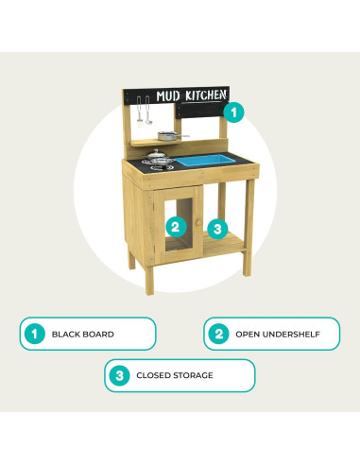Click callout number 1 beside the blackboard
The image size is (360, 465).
point(234,111)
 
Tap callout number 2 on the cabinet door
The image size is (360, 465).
point(174,226)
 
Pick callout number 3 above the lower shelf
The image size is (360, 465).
point(218,228)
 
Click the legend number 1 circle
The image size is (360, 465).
point(34,334)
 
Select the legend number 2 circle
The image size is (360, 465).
point(219,334)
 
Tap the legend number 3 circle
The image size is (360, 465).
point(120,375)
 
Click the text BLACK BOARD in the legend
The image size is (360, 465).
point(83,335)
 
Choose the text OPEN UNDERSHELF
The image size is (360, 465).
point(278,335)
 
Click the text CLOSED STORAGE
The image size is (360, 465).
point(174,375)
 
